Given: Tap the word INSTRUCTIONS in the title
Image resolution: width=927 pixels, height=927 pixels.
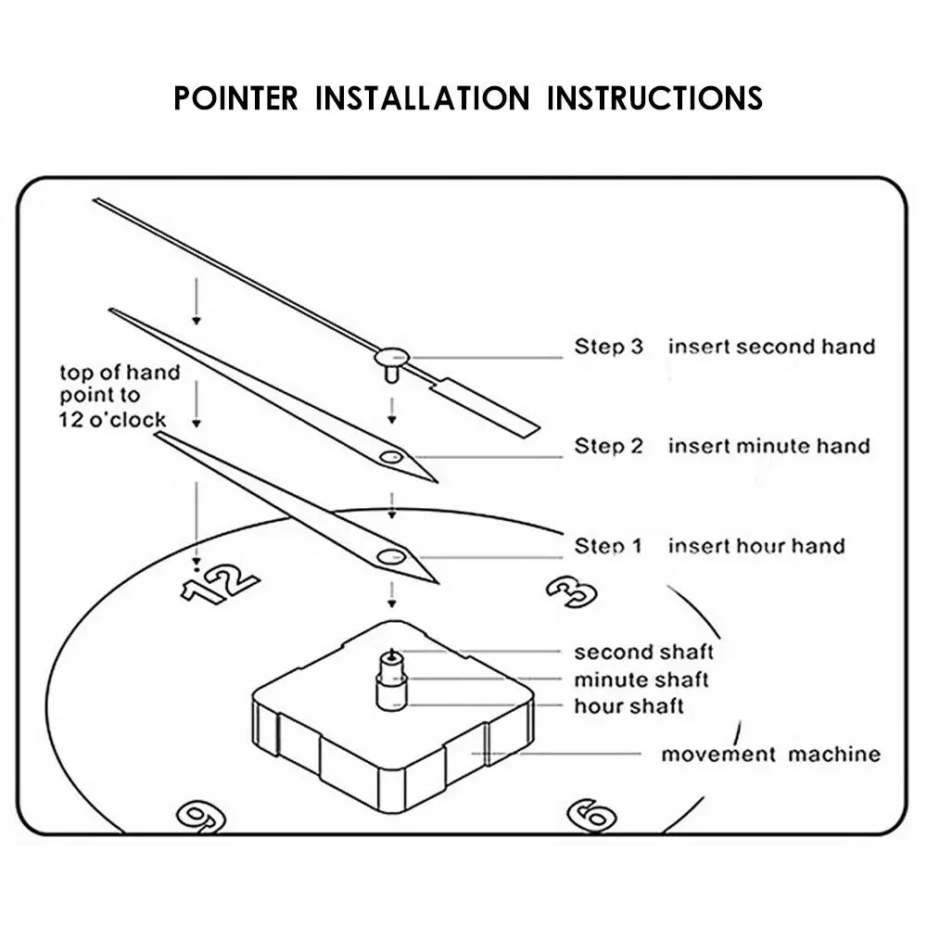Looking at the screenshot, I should (654, 97).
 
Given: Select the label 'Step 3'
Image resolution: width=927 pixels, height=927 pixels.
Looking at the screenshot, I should (608, 347).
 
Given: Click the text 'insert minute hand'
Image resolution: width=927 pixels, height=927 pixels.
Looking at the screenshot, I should (769, 446).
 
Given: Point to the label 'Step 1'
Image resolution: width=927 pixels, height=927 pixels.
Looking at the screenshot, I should (608, 545).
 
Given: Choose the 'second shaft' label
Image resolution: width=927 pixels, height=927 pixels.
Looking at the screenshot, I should (643, 653).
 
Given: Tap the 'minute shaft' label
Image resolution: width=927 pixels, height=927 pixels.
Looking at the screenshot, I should (641, 679).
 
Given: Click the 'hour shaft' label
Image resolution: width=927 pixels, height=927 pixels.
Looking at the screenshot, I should (629, 706).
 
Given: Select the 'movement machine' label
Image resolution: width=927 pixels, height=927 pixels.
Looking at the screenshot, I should (770, 754).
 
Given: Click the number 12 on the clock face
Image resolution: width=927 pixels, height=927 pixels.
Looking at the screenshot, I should (219, 584).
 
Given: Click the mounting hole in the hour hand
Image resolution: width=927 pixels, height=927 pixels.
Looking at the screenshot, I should (389, 556).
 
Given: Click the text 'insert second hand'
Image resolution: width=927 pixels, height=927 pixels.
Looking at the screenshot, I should (771, 347).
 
